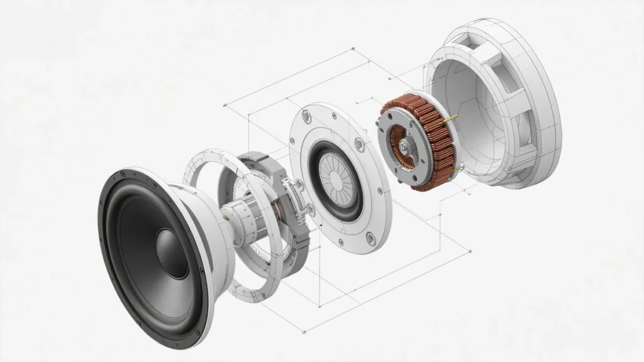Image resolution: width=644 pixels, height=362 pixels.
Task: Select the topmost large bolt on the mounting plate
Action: pos(307,116)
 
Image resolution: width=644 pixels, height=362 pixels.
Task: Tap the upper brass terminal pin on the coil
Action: pos(448,119)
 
